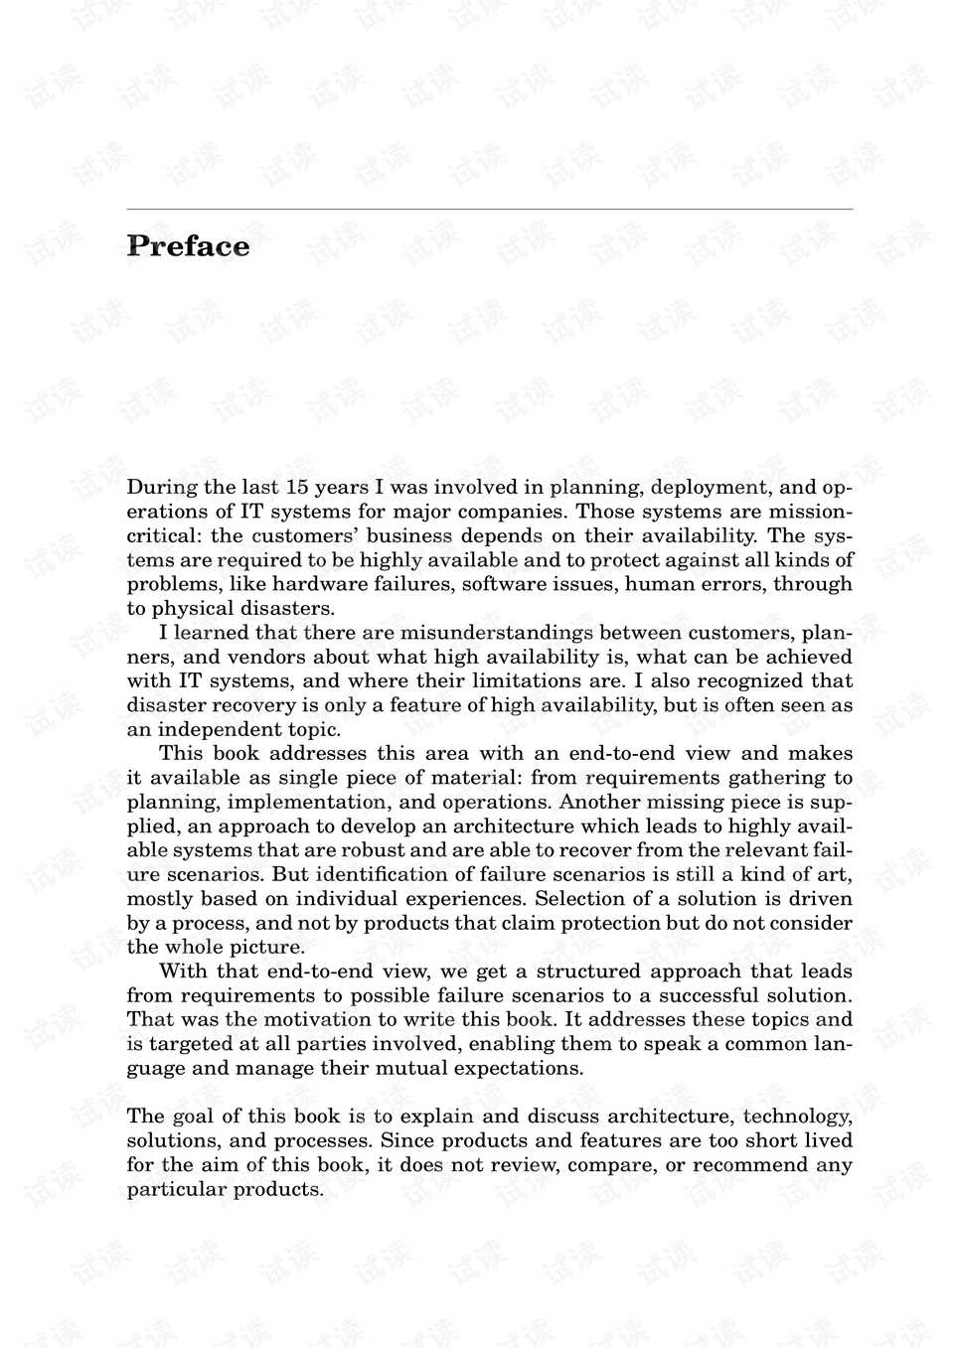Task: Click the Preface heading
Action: coord(189,246)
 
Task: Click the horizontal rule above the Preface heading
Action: coord(489,210)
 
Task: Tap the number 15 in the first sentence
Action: coord(297,487)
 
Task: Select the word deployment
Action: coord(710,487)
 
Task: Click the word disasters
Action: coord(289,608)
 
